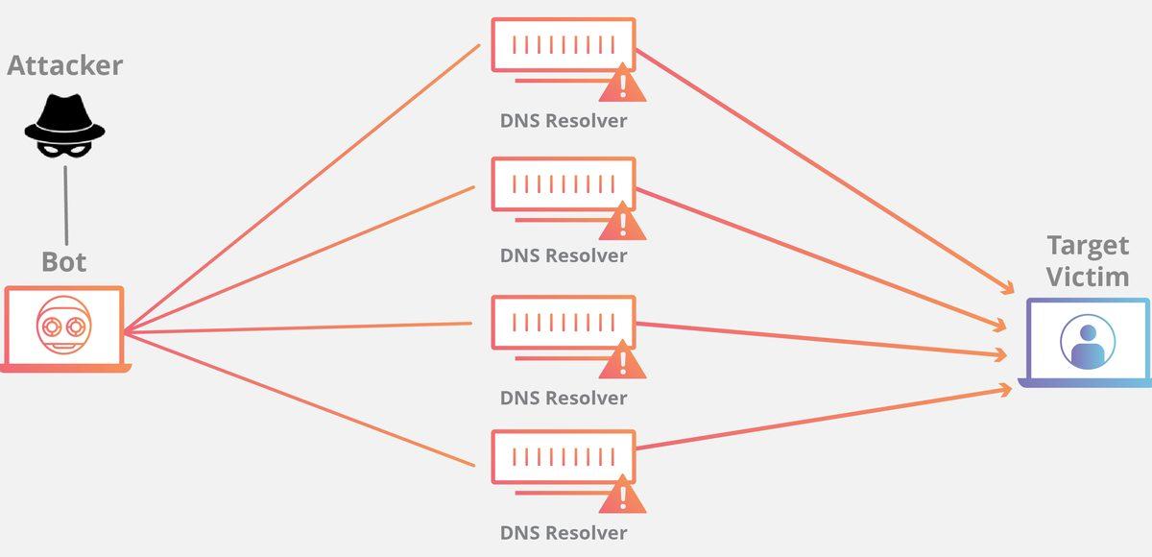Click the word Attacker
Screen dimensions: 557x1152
[x=65, y=65]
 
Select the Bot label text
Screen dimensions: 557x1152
[x=64, y=261]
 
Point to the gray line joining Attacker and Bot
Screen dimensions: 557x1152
[x=65, y=205]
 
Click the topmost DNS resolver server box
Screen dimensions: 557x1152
[x=563, y=44]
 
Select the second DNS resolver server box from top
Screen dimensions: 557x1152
[x=563, y=183]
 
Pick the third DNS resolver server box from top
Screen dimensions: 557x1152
[x=563, y=322]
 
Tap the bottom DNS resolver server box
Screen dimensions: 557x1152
[x=563, y=456]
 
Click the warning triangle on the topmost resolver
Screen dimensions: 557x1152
[x=622, y=85]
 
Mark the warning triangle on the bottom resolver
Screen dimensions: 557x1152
[x=622, y=496]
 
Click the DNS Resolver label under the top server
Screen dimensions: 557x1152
[x=564, y=121]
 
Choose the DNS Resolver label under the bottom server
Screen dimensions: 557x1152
[x=564, y=532]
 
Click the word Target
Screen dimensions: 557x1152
[x=1087, y=245]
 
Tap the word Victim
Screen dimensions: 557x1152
[x=1087, y=278]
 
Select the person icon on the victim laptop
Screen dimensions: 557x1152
[x=1088, y=343]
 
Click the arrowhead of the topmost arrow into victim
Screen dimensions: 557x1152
[x=1008, y=289]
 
